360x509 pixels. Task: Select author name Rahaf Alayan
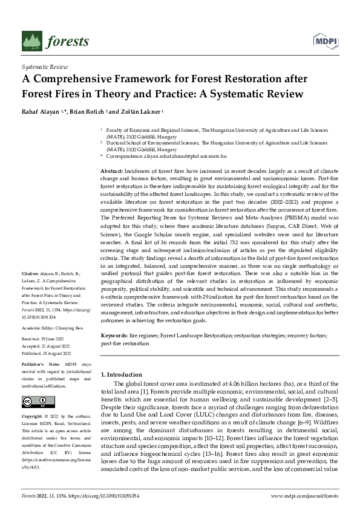[42, 112]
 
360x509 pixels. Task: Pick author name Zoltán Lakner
[140, 112]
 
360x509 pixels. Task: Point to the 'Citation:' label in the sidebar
[31, 291]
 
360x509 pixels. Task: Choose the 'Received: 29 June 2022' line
[44, 338]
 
